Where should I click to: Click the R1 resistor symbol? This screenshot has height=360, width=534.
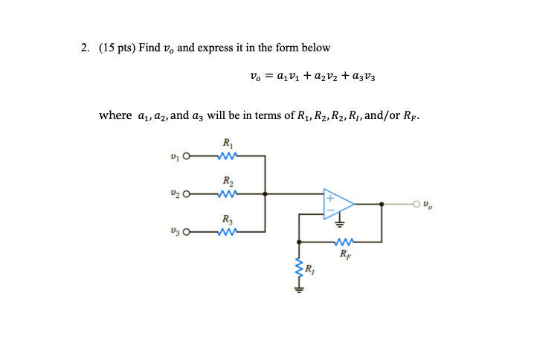click(x=227, y=157)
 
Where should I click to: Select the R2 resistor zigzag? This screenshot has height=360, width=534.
click(x=227, y=194)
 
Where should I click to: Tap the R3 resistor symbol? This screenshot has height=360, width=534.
click(x=227, y=231)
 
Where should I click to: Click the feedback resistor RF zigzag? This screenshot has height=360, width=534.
click(x=344, y=242)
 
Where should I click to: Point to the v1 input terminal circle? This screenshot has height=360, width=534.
click(x=187, y=157)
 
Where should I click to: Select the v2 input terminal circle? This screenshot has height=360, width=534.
click(x=187, y=194)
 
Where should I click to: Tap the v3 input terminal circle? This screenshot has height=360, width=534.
click(x=187, y=231)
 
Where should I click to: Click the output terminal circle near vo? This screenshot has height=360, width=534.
click(x=418, y=203)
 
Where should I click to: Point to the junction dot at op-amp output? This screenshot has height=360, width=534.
click(x=382, y=203)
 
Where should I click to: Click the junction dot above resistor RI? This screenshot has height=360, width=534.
click(x=299, y=242)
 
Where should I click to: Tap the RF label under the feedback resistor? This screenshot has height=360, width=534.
click(x=344, y=254)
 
